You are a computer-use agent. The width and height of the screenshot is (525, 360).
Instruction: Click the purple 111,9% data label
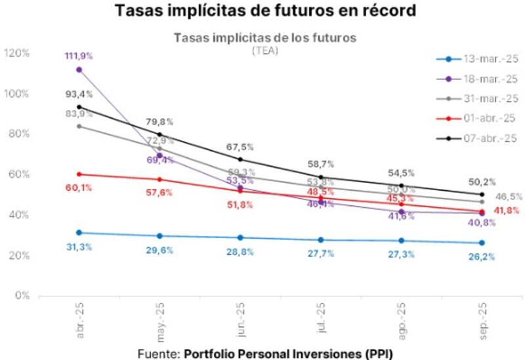click(x=79, y=56)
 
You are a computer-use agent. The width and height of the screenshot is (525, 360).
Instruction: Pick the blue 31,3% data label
click(x=79, y=247)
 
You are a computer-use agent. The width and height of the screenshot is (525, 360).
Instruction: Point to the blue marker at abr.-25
click(x=79, y=233)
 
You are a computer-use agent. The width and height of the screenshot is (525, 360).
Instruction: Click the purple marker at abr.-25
click(x=79, y=70)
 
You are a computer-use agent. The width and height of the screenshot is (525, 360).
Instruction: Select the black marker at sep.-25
click(x=482, y=194)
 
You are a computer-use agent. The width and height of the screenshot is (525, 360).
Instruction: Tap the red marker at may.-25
click(x=159, y=179)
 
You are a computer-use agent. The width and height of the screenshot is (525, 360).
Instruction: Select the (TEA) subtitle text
click(x=264, y=50)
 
